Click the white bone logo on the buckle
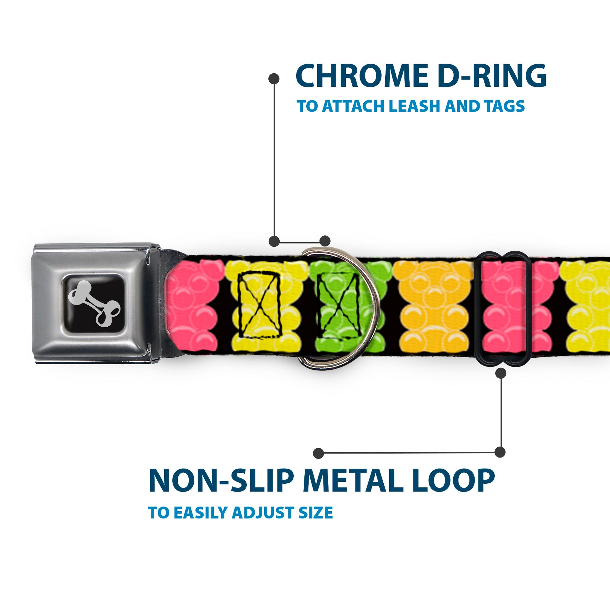94,303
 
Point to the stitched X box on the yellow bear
260,305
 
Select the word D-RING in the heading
492,76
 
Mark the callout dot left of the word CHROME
274,79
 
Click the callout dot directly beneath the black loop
501,373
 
